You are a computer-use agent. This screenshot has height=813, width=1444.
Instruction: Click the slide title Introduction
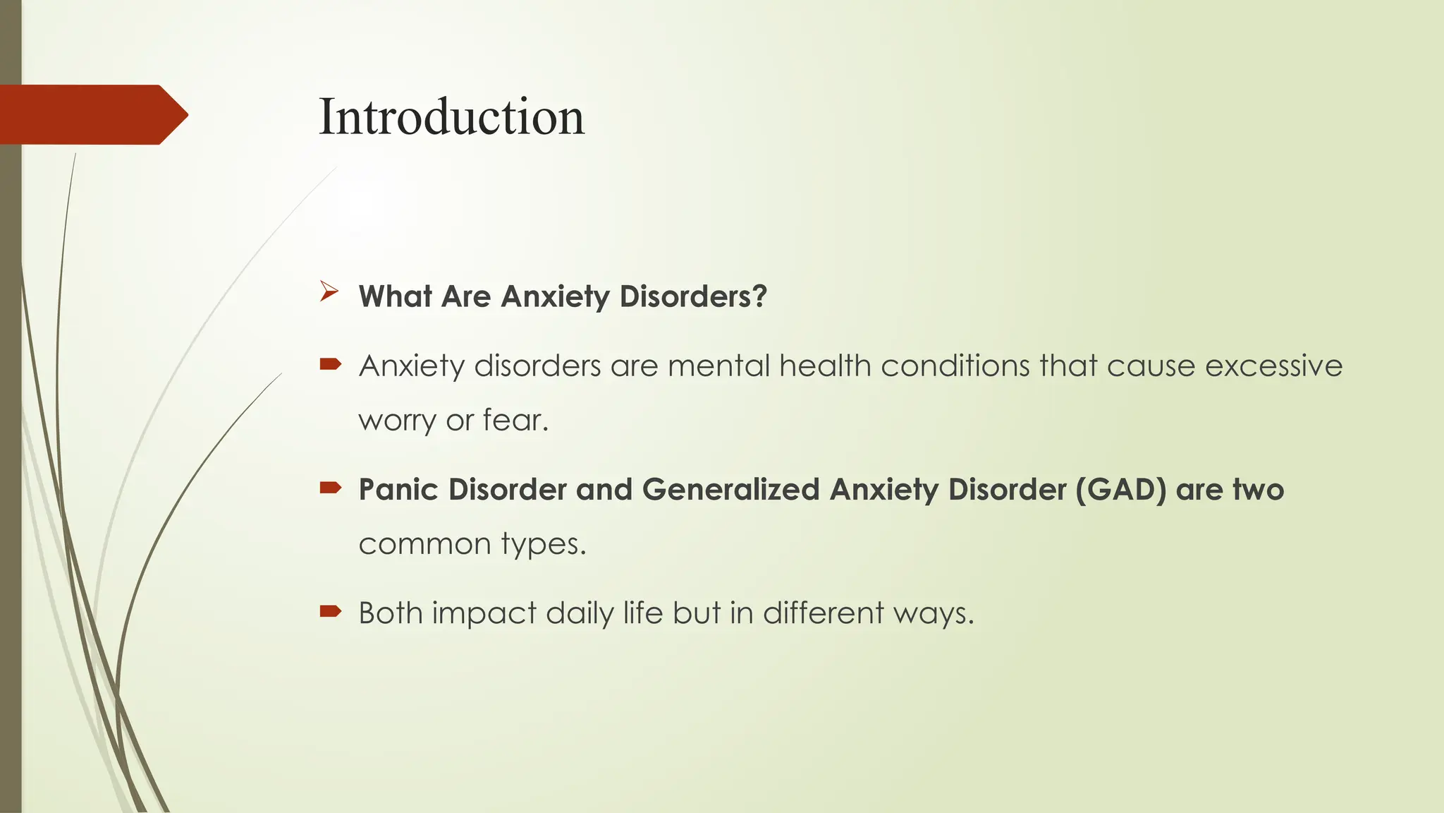coord(451,116)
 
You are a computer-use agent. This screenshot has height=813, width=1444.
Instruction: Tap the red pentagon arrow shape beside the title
coord(92,114)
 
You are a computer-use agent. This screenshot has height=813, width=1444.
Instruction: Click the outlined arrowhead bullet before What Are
coord(329,291)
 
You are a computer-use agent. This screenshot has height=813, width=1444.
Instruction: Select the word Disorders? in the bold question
coord(692,296)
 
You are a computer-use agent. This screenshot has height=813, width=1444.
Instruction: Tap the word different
coord(823,613)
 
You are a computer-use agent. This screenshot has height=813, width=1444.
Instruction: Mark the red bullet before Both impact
coord(330,611)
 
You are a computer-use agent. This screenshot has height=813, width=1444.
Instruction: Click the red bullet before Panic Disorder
coord(330,488)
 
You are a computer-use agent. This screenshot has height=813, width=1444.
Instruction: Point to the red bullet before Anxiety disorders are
coord(330,364)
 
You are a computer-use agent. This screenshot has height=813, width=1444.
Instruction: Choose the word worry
coord(397,420)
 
